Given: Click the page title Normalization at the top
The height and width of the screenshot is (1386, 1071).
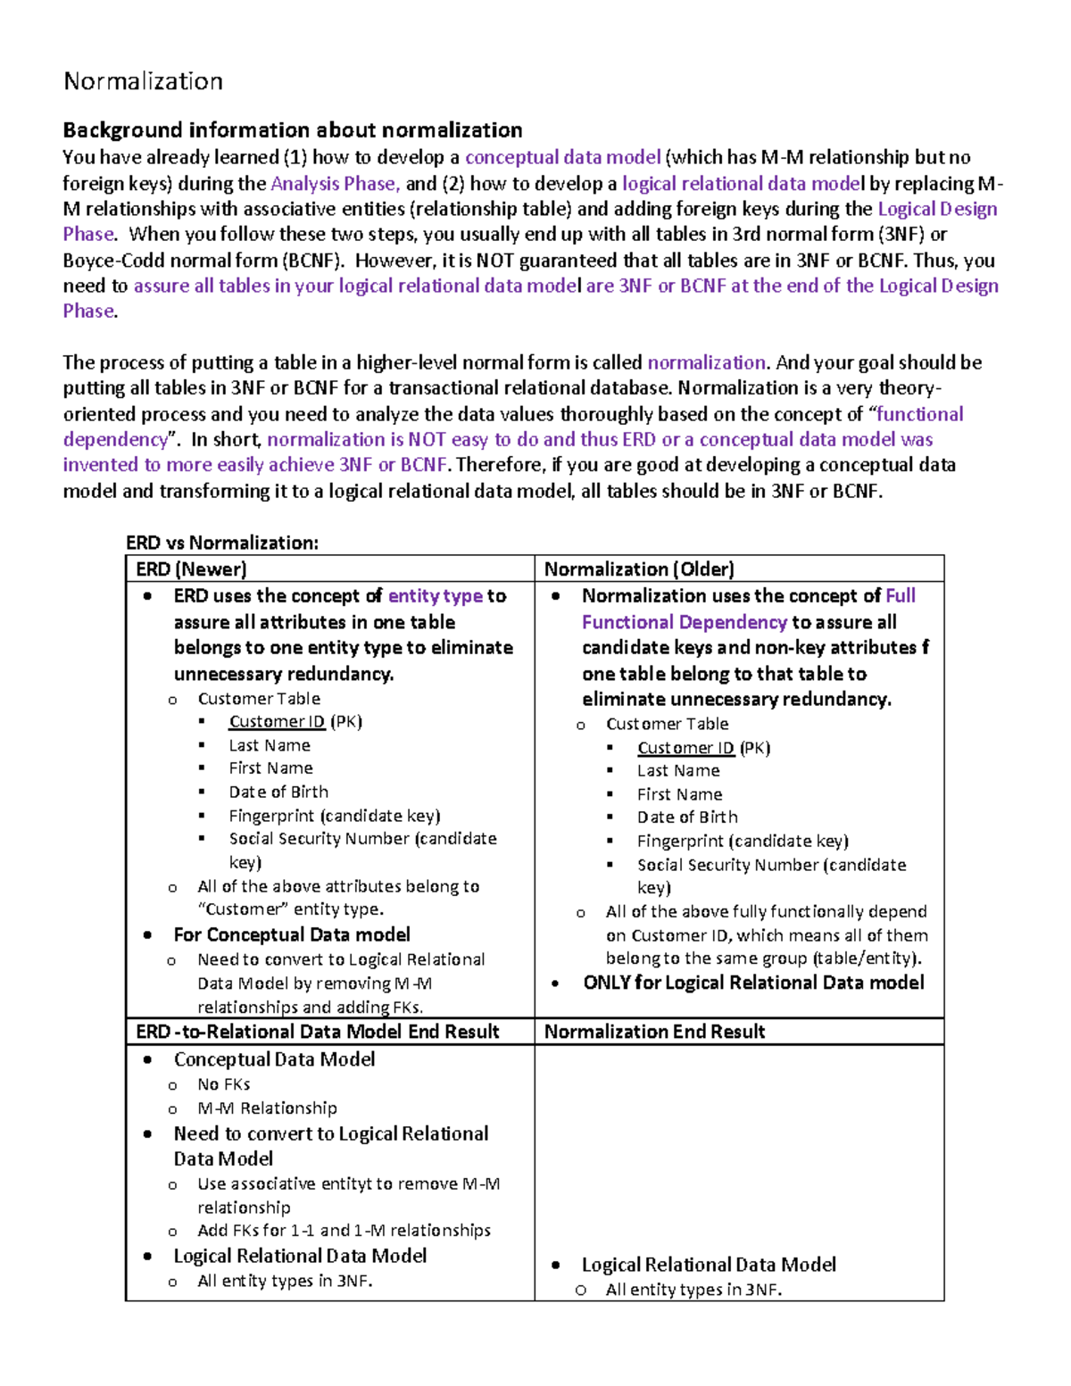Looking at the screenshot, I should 143,81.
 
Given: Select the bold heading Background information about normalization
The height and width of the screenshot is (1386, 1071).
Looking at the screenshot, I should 292,130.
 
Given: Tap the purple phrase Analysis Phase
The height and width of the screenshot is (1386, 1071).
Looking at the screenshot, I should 333,184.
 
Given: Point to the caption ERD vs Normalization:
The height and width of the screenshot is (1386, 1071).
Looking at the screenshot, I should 221,543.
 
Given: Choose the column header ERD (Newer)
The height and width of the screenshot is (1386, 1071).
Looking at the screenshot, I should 191,569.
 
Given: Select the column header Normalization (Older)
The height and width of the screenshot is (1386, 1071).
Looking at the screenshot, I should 639,569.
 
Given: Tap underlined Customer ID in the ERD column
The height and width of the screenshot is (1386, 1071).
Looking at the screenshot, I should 277,722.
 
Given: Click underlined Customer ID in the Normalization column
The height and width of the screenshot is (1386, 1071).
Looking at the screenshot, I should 685,748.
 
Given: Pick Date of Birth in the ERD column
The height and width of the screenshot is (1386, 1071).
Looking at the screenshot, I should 278,792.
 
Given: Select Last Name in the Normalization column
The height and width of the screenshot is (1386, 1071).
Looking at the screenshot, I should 678,770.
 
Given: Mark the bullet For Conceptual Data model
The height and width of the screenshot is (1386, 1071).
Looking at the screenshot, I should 292,934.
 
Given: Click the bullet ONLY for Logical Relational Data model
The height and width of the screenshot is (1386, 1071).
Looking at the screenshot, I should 753,983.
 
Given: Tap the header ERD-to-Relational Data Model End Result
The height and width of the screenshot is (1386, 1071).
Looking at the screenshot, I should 317,1032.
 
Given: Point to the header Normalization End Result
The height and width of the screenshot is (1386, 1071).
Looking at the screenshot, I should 654,1032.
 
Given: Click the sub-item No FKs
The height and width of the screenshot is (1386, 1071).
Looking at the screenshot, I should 224,1084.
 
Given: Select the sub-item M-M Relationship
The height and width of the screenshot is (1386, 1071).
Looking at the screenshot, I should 267,1108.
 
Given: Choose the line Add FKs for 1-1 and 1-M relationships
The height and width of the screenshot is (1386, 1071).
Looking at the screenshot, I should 344,1230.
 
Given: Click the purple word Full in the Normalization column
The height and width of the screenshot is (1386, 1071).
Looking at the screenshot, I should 901,596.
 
